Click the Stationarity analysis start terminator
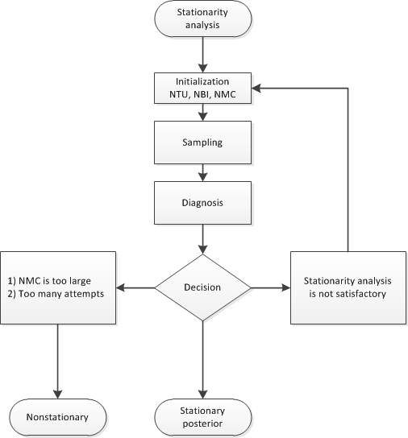pyautogui.click(x=202, y=19)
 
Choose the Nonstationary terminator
pyautogui.click(x=58, y=418)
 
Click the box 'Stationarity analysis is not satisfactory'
pyautogui.click(x=348, y=288)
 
